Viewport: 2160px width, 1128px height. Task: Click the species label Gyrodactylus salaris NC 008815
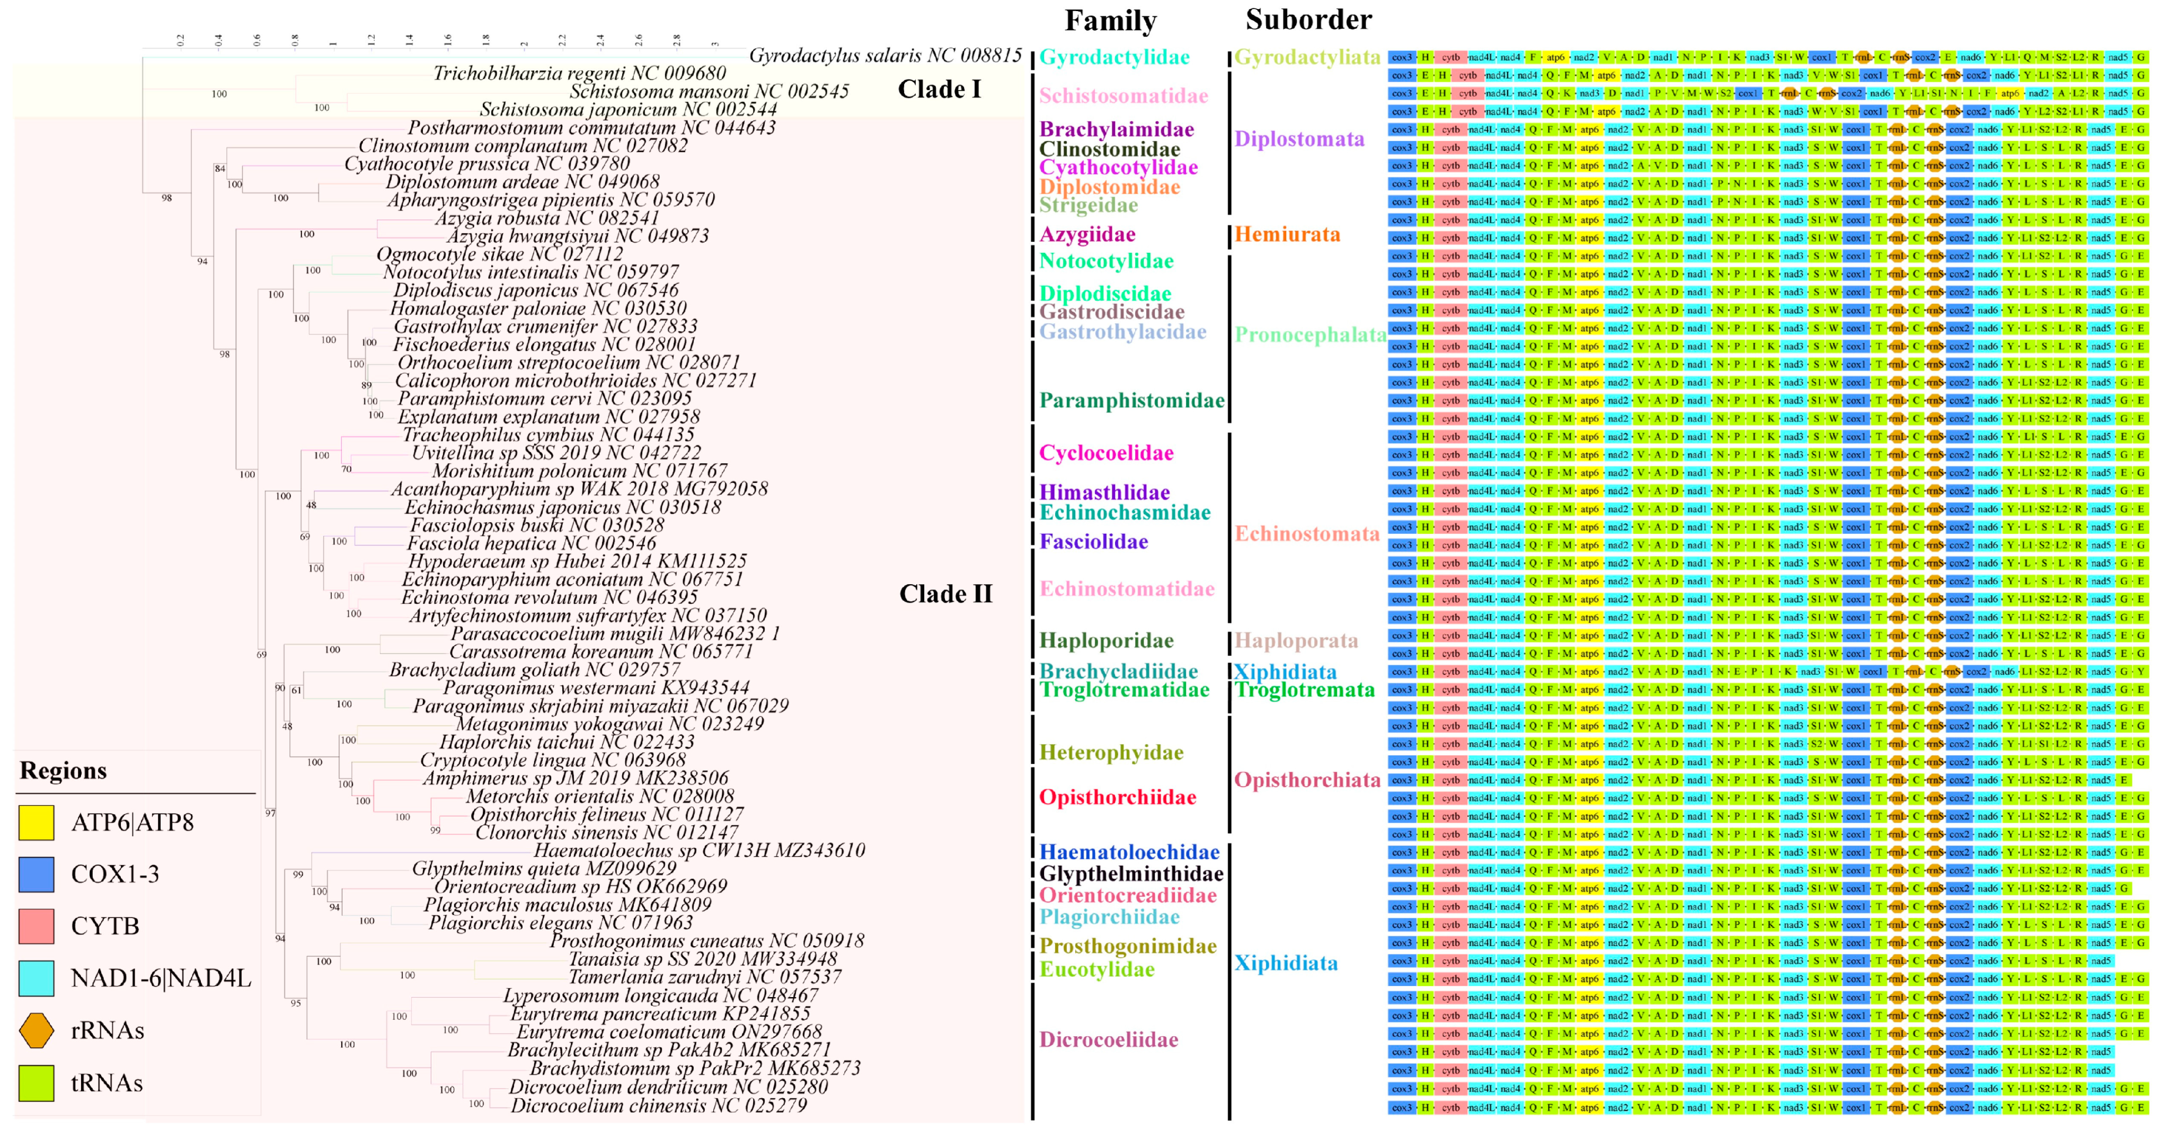pos(884,55)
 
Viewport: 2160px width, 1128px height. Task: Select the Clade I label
pos(939,89)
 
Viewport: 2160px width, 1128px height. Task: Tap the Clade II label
pos(945,594)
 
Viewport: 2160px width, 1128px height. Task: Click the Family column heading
pos(1110,20)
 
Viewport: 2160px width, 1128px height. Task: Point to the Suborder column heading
pos(1308,19)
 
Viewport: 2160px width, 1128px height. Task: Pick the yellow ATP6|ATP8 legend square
pos(36,823)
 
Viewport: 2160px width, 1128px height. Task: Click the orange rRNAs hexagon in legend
pos(36,1030)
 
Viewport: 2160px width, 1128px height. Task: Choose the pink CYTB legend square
pos(36,927)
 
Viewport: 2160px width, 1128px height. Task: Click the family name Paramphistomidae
pos(1132,400)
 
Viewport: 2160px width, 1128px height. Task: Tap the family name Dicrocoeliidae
pos(1109,1040)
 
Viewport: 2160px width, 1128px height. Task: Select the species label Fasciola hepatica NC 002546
pos(532,543)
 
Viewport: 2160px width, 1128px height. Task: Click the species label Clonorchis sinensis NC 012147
pos(606,833)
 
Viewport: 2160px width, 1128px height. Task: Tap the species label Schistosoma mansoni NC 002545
pos(709,91)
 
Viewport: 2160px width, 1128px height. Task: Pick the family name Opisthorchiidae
pos(1117,797)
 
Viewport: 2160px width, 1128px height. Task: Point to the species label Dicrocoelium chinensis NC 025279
pos(658,1105)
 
